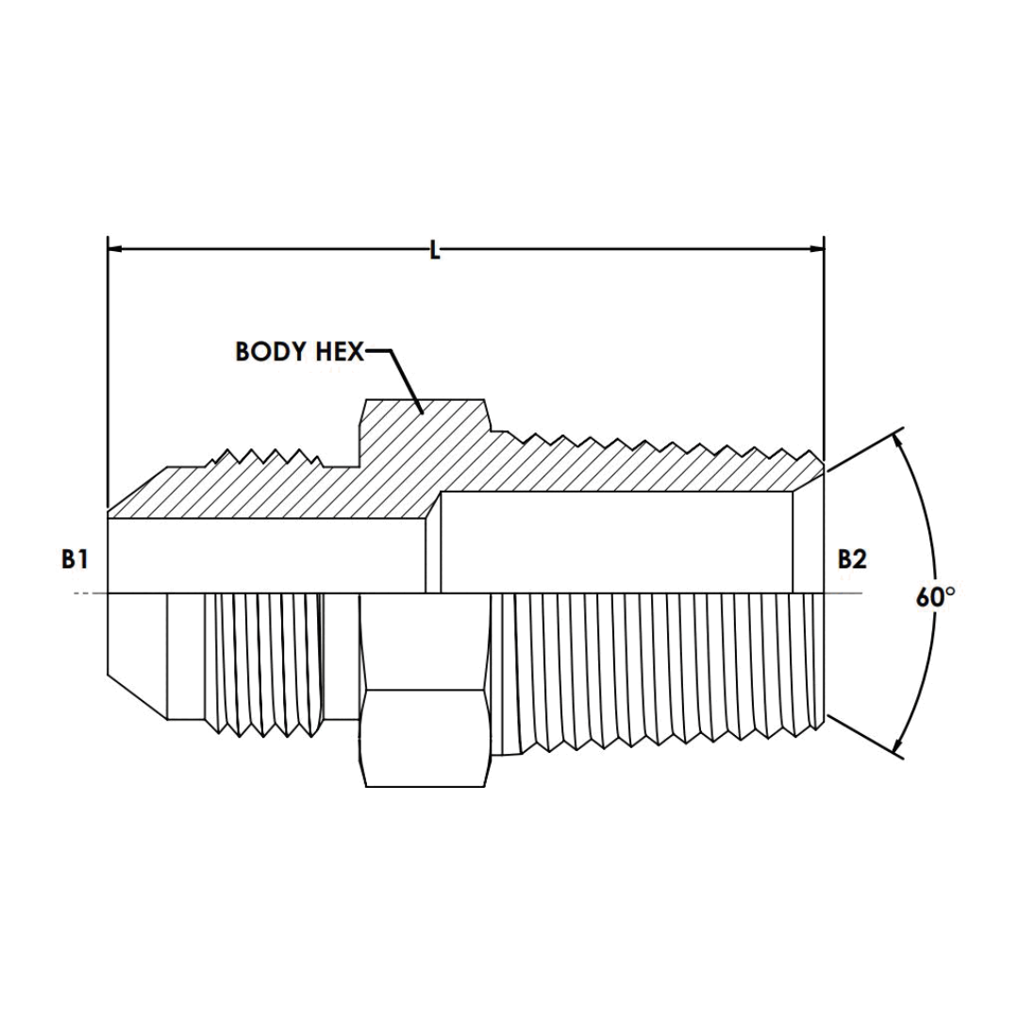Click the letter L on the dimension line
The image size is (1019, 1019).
point(435,250)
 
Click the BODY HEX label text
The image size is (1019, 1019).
point(299,352)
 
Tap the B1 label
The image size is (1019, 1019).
point(75,560)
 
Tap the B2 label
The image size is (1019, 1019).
point(852,560)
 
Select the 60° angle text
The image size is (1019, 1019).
point(936,596)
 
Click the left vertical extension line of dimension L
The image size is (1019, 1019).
point(109,377)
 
